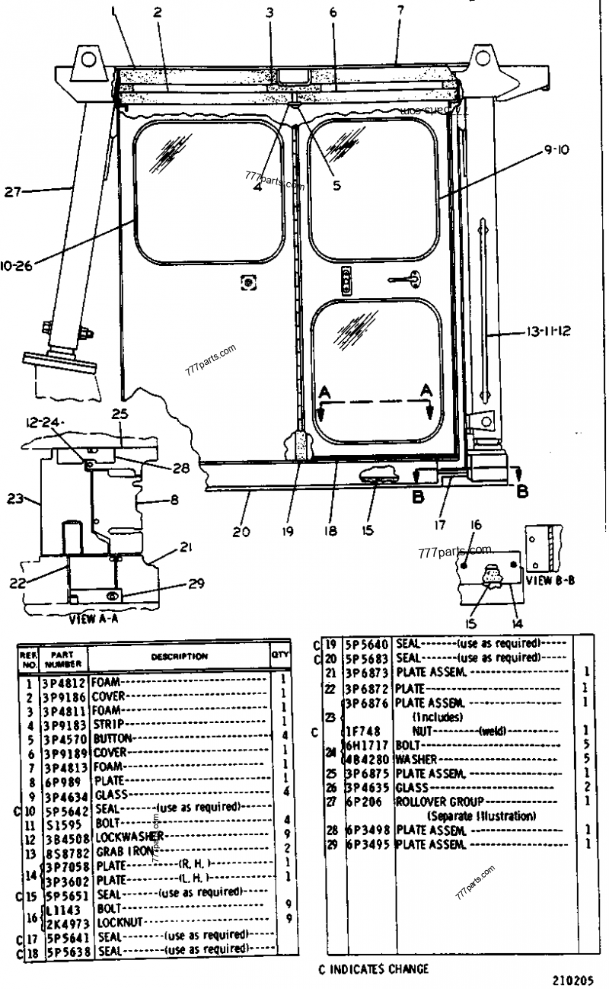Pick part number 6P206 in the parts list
368,802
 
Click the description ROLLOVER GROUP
434,802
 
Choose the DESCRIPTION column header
179,656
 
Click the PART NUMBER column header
61,657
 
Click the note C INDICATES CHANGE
373,969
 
